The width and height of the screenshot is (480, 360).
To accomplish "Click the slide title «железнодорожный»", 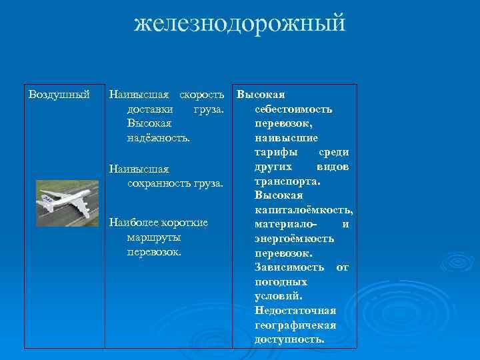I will tap(240, 23).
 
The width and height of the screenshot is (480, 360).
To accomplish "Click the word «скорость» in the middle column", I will tap(201, 94).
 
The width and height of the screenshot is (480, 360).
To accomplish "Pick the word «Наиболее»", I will tap(132, 223).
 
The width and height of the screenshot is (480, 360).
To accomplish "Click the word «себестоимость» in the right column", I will tap(294, 109).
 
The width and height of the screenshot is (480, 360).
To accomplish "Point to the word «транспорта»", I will tap(287, 181).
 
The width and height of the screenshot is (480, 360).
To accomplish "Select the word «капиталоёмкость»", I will tap(303, 210).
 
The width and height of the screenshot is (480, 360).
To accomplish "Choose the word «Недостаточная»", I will tap(295, 311).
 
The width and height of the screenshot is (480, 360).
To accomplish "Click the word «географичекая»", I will tap(295, 325).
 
